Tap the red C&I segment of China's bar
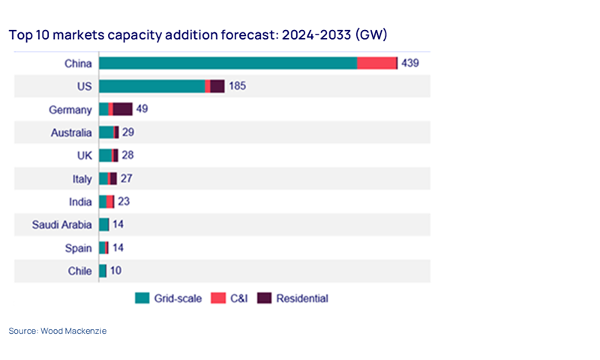pos(376,63)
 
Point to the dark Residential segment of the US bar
pos(217,86)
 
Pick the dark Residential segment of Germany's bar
pos(122,109)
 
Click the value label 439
pos(410,63)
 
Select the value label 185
pos(237,86)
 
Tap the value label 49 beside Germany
pos(142,109)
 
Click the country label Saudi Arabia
pos(61,225)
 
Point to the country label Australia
pos(70,133)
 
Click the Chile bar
pos(103,271)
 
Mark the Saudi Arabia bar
pos(104,225)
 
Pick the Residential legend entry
pos(293,298)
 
